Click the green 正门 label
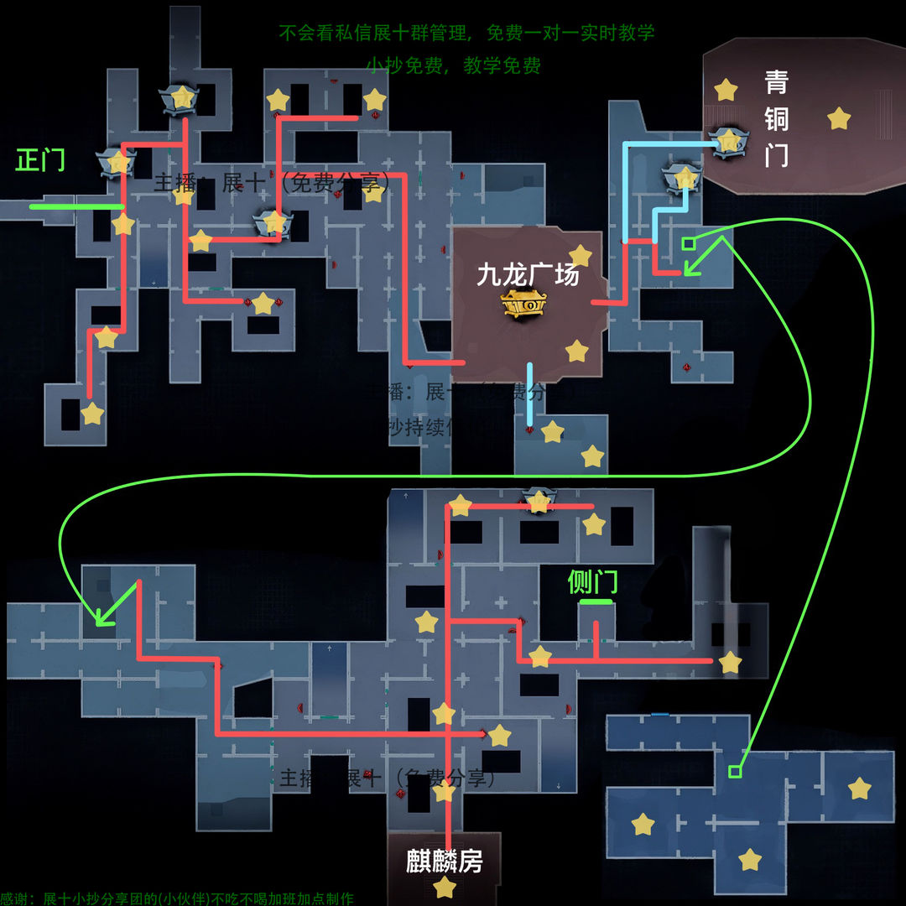[x=40, y=159]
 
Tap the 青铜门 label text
[x=776, y=118]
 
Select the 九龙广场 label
[x=528, y=274]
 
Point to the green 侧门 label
[x=593, y=581]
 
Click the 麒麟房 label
[x=444, y=862]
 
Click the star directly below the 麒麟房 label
[x=444, y=888]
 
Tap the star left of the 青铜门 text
[x=726, y=90]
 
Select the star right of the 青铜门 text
[x=838, y=118]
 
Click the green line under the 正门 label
[x=75, y=206]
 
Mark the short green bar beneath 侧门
[x=596, y=602]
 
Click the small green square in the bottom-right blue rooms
[x=735, y=770]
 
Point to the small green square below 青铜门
[x=688, y=243]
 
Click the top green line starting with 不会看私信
[x=466, y=33]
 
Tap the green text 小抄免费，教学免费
[x=453, y=65]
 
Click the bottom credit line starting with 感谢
[x=177, y=898]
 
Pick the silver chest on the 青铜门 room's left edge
[x=726, y=139]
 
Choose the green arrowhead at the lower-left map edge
[x=102, y=618]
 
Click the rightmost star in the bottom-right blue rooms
[x=859, y=789]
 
